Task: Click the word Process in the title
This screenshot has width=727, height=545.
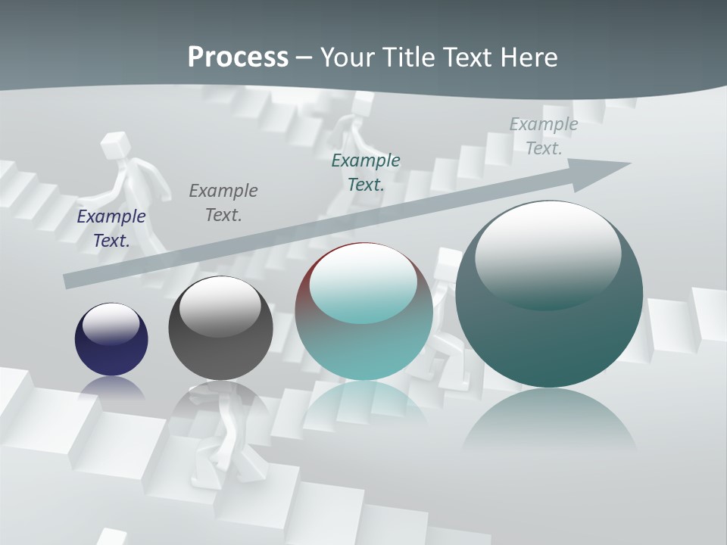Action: (x=238, y=58)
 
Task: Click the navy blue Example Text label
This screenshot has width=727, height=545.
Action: (x=111, y=228)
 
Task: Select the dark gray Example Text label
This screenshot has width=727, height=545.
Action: (x=223, y=202)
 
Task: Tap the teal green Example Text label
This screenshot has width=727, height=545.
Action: (x=366, y=172)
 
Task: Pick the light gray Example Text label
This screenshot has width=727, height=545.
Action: (x=544, y=136)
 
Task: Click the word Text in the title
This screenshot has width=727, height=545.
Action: (x=468, y=58)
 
